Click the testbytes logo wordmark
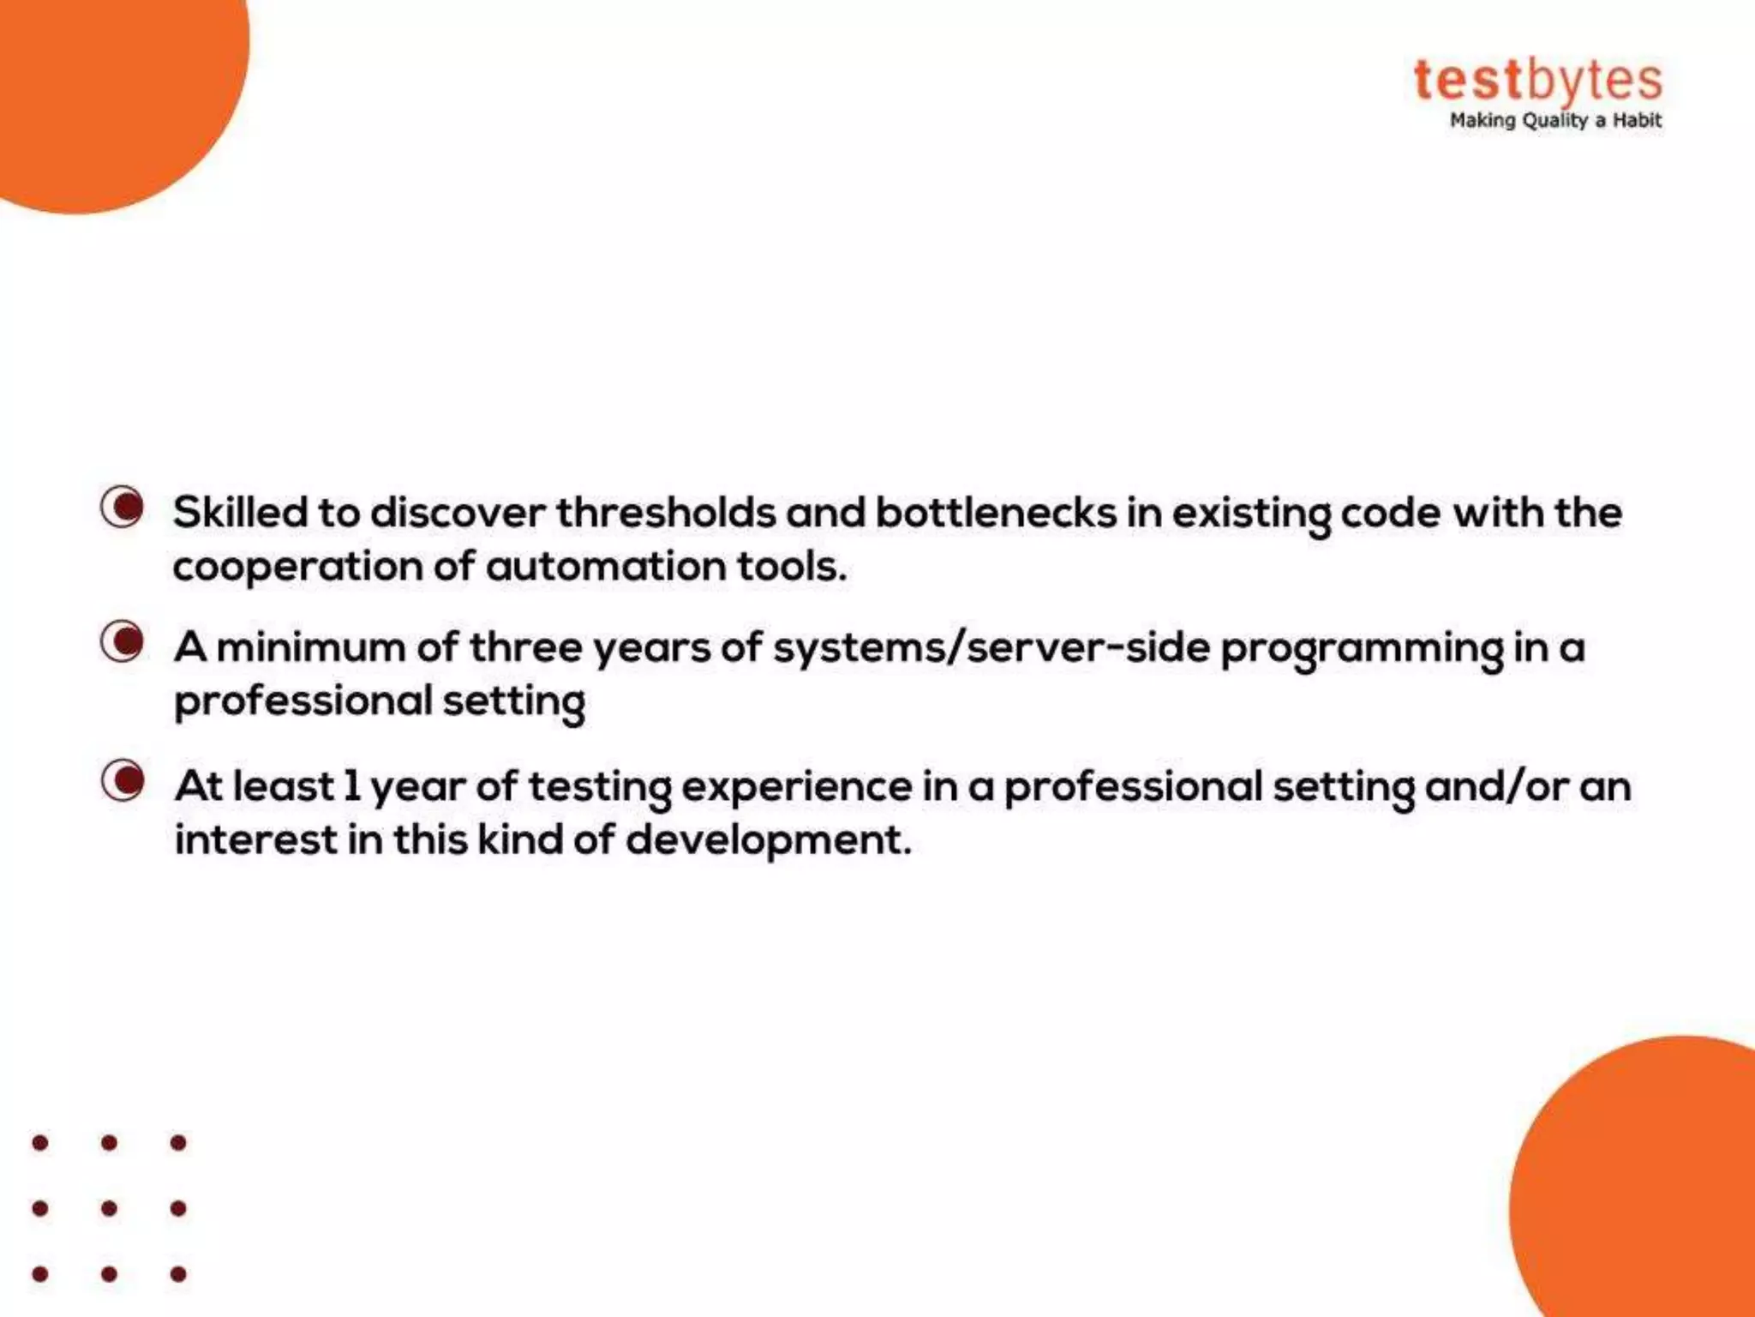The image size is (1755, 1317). pyautogui.click(x=1537, y=81)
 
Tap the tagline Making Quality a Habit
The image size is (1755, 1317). pyautogui.click(x=1554, y=121)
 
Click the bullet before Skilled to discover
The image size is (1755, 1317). pyautogui.click(x=123, y=507)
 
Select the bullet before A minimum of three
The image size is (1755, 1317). pyautogui.click(x=123, y=641)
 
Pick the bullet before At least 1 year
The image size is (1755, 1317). pyautogui.click(x=123, y=780)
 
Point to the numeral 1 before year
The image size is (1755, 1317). pyautogui.click(x=351, y=785)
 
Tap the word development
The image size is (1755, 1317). pyautogui.click(x=768, y=840)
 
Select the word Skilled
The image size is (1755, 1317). pyautogui.click(x=240, y=513)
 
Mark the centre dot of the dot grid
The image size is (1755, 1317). pyautogui.click(x=109, y=1208)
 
